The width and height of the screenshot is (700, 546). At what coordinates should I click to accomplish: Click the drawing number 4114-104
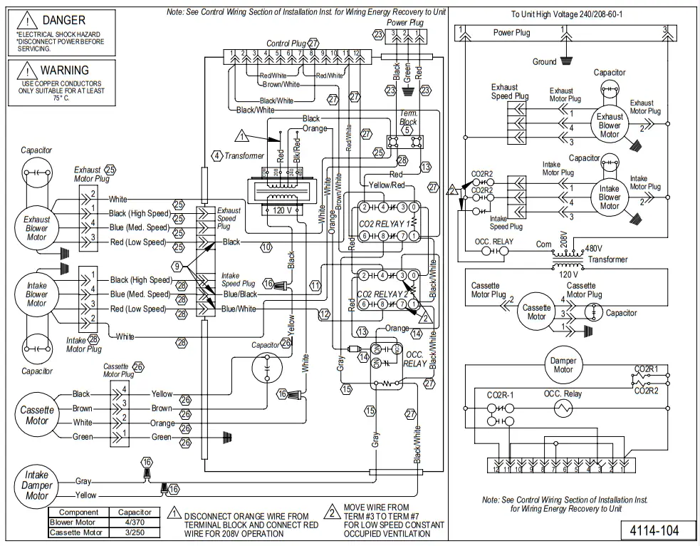click(x=653, y=530)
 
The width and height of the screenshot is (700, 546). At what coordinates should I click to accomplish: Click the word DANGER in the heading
click(x=63, y=21)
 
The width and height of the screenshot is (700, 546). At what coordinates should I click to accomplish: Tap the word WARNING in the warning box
click(x=64, y=71)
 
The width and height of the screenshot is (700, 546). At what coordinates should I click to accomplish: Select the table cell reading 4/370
click(x=135, y=522)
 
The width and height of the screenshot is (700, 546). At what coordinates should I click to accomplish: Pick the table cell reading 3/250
click(x=135, y=532)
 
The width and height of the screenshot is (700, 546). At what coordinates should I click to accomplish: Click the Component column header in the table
click(x=78, y=512)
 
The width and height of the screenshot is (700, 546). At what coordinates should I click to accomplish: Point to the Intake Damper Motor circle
click(x=37, y=485)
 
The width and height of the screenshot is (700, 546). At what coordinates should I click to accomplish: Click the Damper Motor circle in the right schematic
click(x=563, y=365)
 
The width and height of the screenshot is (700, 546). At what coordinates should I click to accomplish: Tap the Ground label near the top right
click(x=544, y=62)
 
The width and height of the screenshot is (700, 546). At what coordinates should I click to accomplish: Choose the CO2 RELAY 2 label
click(x=383, y=294)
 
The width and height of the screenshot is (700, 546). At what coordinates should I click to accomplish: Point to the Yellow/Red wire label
click(x=386, y=185)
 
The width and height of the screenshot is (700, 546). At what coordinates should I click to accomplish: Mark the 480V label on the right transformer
click(x=594, y=249)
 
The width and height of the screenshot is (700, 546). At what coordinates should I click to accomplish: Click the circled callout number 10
click(x=266, y=247)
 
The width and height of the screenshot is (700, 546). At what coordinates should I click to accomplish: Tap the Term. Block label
click(x=409, y=118)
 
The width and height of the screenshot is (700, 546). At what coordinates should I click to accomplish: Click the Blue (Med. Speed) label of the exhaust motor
click(x=140, y=228)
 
